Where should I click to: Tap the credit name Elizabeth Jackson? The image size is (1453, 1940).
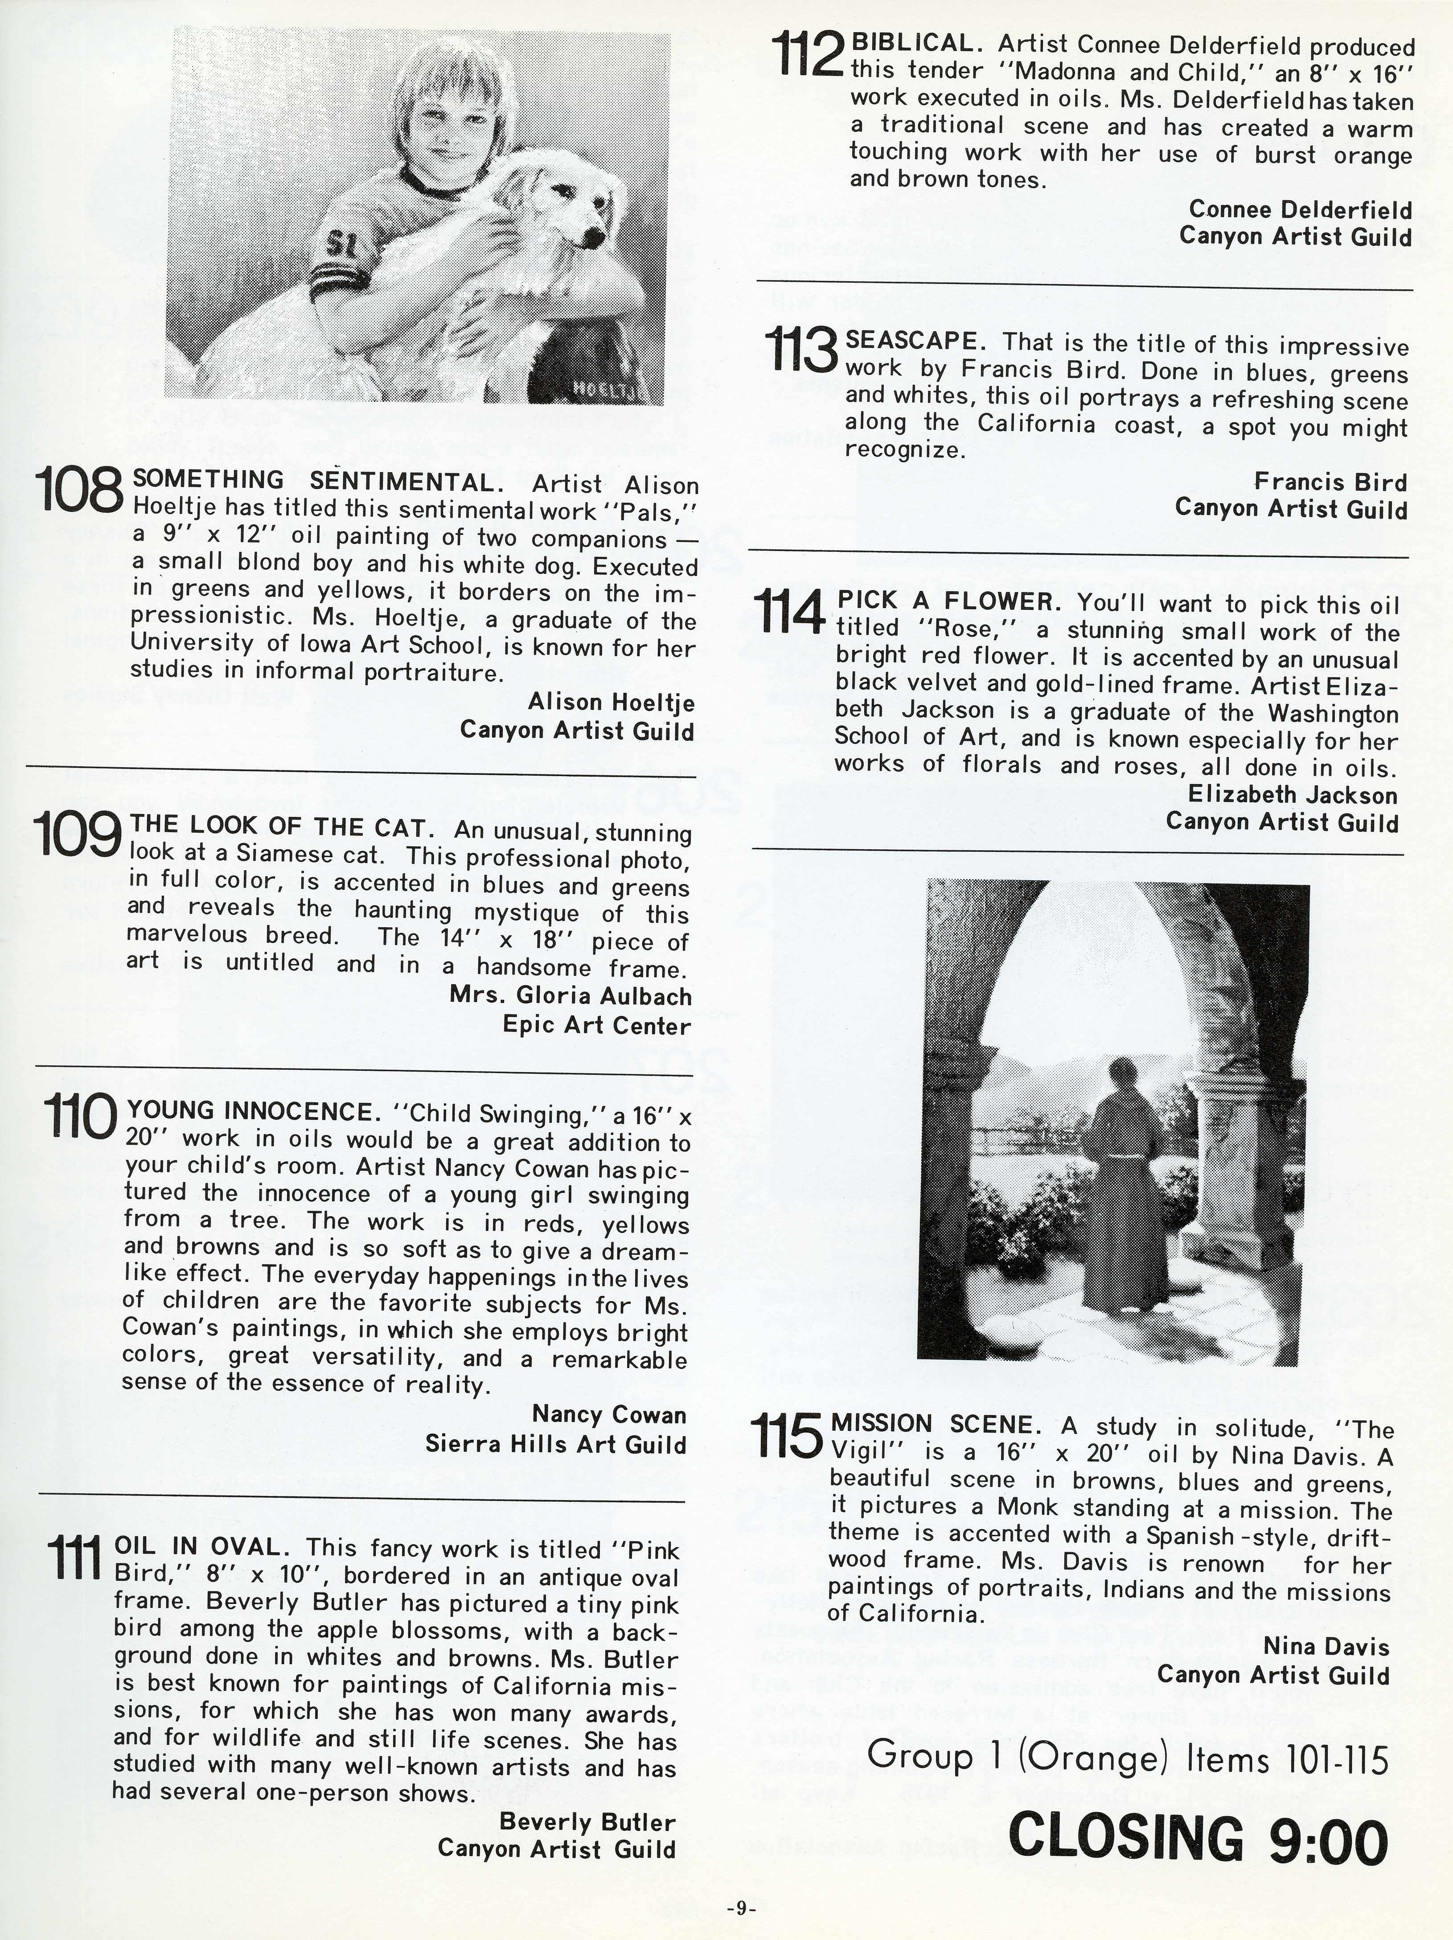(x=1293, y=795)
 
